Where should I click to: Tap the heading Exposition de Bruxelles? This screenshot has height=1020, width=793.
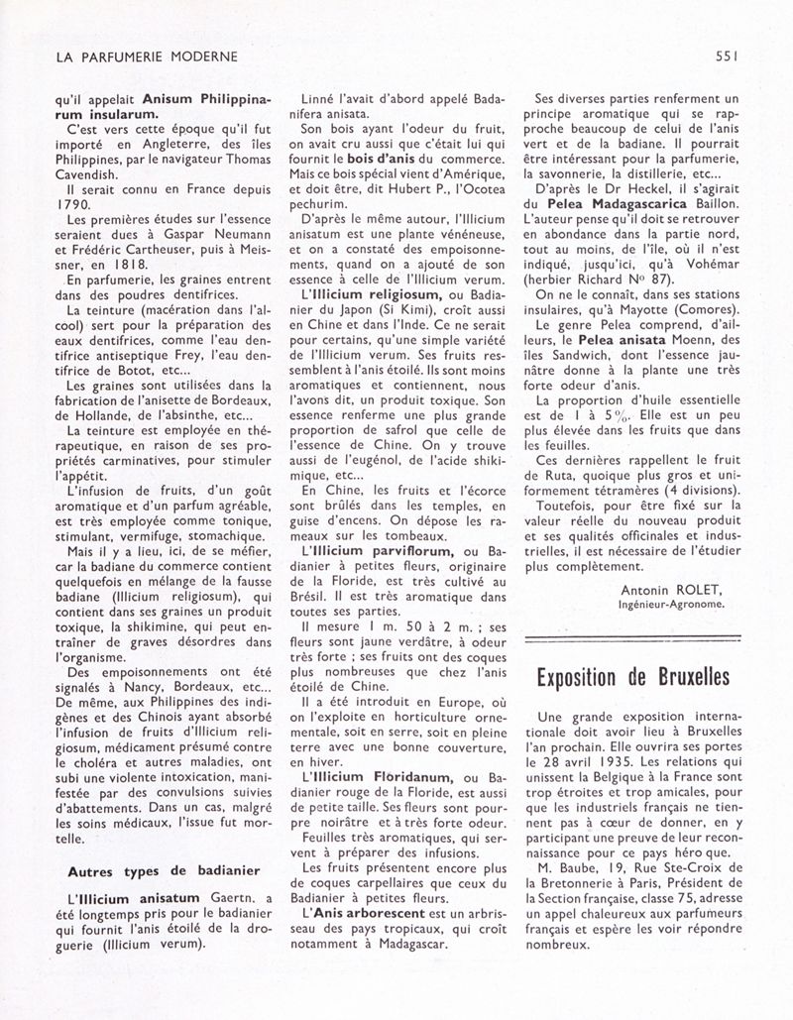point(634,677)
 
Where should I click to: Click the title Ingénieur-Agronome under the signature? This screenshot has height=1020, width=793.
point(670,603)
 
